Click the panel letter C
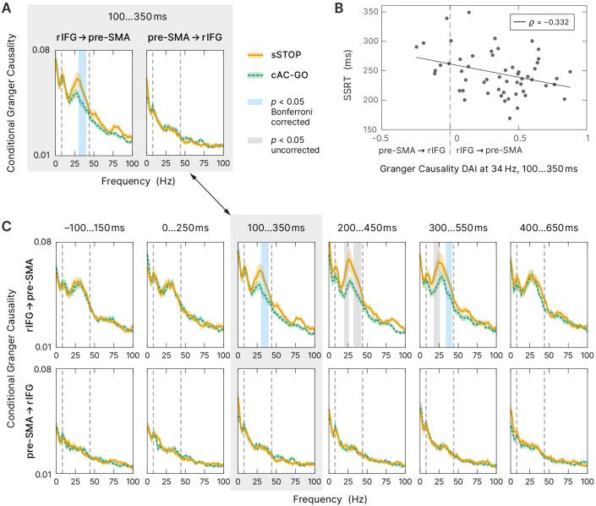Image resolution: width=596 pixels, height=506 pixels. pos(7,227)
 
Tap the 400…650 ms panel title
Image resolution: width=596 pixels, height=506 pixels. pos(549,228)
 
